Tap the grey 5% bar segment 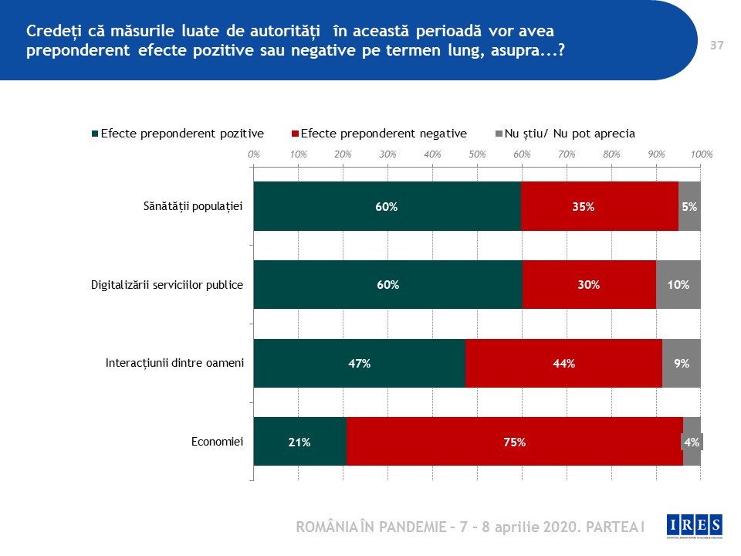point(689,206)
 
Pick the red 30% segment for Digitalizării point(589,285)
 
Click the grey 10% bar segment point(678,285)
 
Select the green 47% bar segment point(360,363)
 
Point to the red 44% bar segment point(564,363)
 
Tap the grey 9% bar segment point(682,363)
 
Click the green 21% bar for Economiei point(299,442)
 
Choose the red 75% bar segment point(515,442)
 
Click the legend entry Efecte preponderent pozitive point(178,133)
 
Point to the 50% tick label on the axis point(477,154)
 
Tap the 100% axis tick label point(701,154)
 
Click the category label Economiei point(218,442)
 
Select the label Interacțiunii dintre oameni point(174,363)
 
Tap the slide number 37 point(716,46)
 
